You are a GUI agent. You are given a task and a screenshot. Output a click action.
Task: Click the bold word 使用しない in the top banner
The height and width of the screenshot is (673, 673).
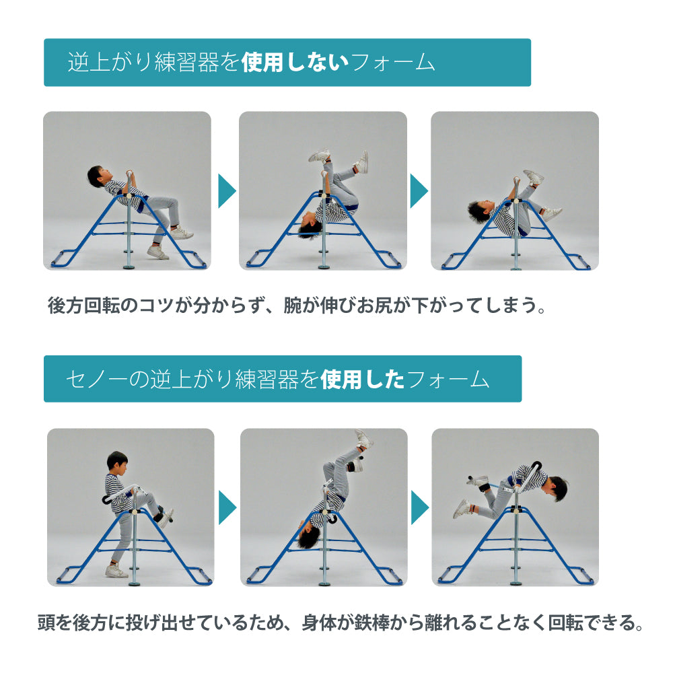pyautogui.click(x=295, y=62)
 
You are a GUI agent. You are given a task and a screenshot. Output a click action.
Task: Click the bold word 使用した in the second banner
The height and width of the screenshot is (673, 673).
pyautogui.click(x=362, y=379)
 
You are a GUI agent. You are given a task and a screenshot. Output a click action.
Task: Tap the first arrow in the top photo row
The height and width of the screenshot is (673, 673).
pyautogui.click(x=227, y=191)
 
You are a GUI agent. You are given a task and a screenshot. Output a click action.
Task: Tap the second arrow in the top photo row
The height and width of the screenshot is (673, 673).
pyautogui.click(x=419, y=191)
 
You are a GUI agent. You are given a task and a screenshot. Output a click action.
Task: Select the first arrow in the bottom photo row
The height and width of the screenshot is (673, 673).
pyautogui.click(x=227, y=507)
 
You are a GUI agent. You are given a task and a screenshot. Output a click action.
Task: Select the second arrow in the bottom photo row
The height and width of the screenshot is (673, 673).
pyautogui.click(x=420, y=507)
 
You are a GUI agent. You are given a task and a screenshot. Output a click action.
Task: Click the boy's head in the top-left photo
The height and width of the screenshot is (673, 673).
pyautogui.click(x=98, y=176)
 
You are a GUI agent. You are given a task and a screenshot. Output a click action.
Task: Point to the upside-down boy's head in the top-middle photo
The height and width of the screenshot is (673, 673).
pyautogui.click(x=309, y=228)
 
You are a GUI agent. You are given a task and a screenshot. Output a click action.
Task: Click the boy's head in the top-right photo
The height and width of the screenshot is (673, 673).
pyautogui.click(x=480, y=211)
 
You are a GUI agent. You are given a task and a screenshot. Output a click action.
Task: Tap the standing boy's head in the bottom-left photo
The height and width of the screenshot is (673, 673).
pyautogui.click(x=117, y=462)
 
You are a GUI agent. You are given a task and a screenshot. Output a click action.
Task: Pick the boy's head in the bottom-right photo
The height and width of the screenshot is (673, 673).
pyautogui.click(x=556, y=489)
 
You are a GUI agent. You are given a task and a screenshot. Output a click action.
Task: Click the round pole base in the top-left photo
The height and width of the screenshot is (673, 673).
pyautogui.click(x=129, y=266)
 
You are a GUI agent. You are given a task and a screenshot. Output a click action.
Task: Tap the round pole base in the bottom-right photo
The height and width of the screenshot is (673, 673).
pyautogui.click(x=516, y=583)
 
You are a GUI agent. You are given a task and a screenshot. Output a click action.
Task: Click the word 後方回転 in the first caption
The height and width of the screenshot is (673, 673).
pyautogui.click(x=93, y=305)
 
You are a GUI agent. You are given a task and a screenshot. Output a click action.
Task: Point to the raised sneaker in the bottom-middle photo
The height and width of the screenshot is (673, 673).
pyautogui.click(x=364, y=438)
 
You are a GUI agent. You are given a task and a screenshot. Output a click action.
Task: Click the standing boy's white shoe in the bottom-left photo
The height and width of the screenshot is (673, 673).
pyautogui.click(x=116, y=571)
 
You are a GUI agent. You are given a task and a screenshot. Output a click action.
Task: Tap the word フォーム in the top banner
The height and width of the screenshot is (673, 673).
pyautogui.click(x=393, y=62)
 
